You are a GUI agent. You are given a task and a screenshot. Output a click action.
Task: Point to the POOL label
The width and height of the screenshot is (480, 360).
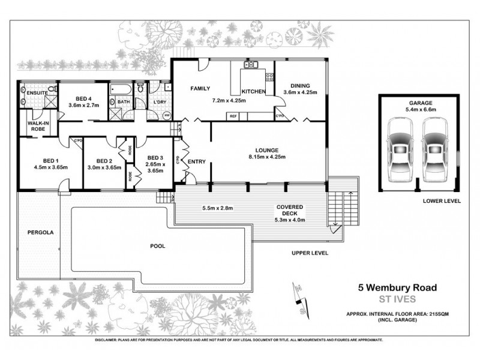click(158, 245)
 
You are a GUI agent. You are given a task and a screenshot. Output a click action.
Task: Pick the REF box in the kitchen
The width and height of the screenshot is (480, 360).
click(233, 115)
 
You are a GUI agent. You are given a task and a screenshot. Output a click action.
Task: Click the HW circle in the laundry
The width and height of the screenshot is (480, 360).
click(166, 115)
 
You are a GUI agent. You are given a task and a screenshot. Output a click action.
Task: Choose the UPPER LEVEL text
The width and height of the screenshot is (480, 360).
click(310, 254)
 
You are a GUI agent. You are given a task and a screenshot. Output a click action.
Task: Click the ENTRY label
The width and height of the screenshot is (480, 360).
click(197, 162)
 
